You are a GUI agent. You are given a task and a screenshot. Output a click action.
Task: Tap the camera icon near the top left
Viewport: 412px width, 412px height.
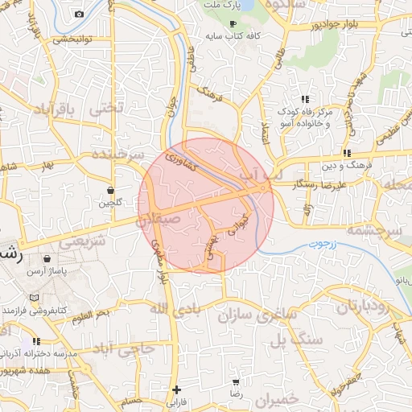coord(79,14)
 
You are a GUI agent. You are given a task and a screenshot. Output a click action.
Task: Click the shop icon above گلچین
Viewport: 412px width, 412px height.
coord(110,191)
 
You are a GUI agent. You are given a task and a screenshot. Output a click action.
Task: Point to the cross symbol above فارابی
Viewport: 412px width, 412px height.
coord(176,389)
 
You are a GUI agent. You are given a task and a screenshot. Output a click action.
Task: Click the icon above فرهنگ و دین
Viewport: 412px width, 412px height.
coord(347,152)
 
